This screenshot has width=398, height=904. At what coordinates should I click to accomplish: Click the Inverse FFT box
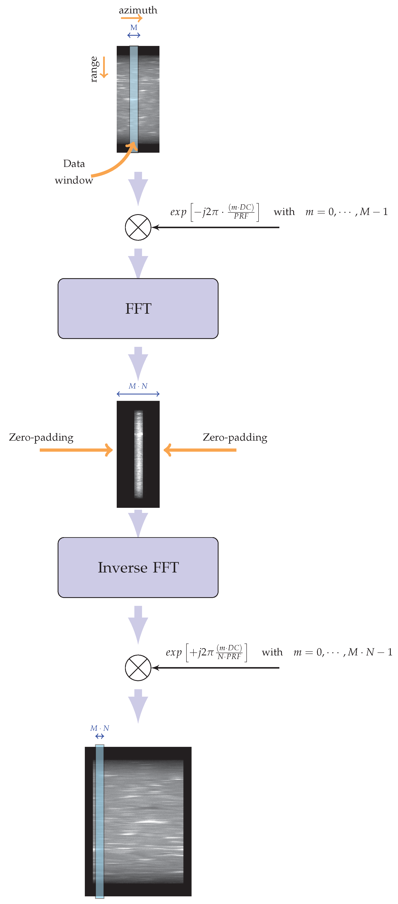[138, 567]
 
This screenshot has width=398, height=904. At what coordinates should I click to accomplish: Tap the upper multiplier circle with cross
[138, 227]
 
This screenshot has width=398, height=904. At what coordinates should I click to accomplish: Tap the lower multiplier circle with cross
[138, 668]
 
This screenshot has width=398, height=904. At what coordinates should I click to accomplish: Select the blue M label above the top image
[134, 27]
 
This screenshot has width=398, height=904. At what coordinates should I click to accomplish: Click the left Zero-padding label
[41, 437]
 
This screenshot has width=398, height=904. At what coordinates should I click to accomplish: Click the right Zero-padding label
[235, 437]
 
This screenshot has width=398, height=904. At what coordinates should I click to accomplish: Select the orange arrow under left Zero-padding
[75, 450]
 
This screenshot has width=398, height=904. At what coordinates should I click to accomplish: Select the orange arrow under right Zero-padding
[200, 450]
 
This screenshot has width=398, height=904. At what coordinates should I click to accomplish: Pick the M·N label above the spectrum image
[138, 386]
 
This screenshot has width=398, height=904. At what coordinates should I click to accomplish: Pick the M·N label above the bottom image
[100, 728]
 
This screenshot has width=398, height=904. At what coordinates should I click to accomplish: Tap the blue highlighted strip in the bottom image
[100, 821]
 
